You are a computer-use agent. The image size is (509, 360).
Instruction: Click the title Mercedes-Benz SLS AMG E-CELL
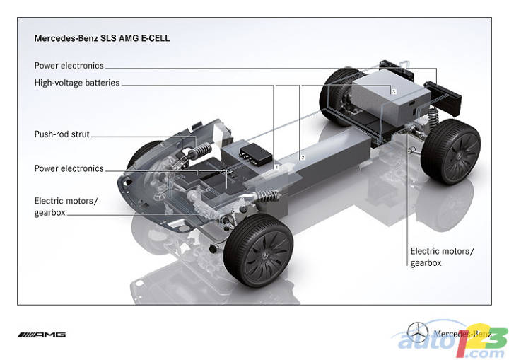[102, 38]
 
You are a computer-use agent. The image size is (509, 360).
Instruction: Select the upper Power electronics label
[69, 66]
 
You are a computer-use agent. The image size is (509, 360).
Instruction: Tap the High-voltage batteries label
[77, 83]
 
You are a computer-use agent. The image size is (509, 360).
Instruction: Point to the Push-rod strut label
[62, 134]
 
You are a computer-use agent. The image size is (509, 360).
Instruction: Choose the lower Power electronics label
[69, 168]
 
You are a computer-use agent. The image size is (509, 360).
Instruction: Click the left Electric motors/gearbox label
[66, 207]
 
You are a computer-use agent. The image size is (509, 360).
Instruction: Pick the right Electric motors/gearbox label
[442, 257]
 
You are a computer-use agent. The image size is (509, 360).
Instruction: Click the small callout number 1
[277, 167]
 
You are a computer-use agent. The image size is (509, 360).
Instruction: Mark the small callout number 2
[303, 158]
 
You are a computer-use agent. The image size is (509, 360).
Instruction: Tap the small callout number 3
[394, 92]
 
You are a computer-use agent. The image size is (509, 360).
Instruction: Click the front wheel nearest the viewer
[259, 250]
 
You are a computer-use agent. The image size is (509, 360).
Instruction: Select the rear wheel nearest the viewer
[451, 152]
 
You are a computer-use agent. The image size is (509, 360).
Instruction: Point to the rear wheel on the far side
[337, 96]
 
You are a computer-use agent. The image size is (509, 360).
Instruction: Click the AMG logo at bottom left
[42, 335]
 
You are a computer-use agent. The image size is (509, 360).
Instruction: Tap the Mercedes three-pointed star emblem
[418, 332]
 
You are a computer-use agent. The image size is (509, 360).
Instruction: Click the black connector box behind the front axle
[255, 153]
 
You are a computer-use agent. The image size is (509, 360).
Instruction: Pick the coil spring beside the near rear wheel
[433, 117]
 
